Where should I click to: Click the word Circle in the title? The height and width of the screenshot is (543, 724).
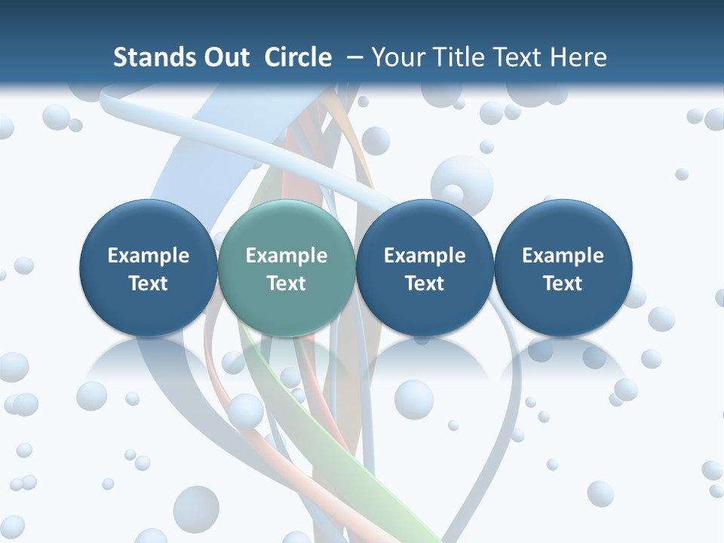click(x=298, y=57)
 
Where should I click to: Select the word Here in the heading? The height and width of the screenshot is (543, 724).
click(x=578, y=57)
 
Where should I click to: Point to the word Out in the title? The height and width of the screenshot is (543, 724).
click(x=224, y=57)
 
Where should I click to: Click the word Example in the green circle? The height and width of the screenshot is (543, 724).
click(x=287, y=256)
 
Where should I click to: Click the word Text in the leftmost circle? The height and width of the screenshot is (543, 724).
click(x=149, y=284)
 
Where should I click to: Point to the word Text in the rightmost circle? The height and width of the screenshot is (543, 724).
click(x=563, y=284)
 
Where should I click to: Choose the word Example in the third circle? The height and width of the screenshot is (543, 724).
click(x=425, y=256)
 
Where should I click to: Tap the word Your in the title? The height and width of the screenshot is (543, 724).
click(x=395, y=57)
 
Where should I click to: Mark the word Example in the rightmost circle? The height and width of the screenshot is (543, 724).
click(x=563, y=256)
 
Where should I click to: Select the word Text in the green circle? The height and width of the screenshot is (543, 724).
click(x=287, y=284)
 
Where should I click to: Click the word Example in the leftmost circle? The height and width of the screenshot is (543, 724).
click(x=149, y=256)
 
